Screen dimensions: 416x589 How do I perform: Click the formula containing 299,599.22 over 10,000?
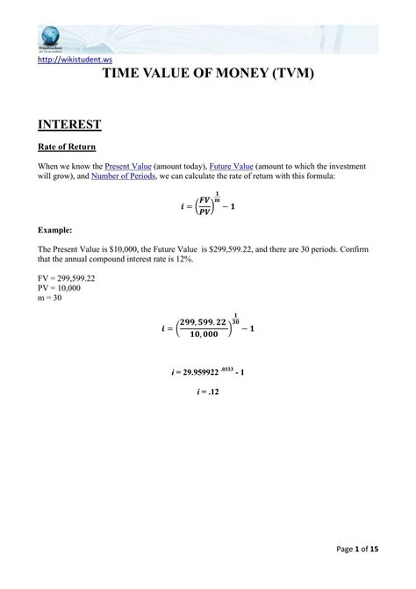[x=208, y=330]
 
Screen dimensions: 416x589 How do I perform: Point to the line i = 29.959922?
[x=208, y=372]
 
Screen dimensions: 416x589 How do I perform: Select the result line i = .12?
[x=208, y=393]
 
